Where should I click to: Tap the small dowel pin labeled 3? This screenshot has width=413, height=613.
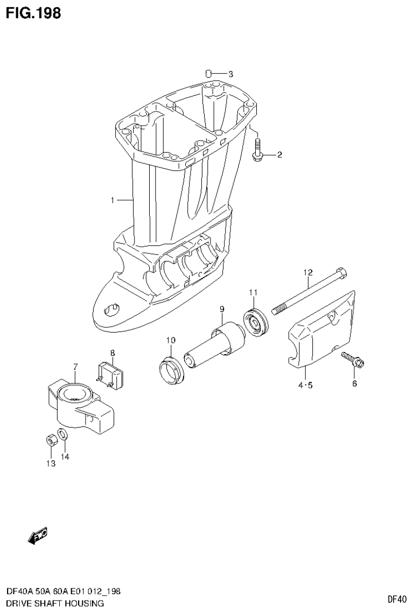209,73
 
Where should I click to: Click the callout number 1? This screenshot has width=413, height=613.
113,201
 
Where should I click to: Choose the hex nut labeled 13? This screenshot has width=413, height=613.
50,441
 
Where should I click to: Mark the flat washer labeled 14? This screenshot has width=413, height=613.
63,434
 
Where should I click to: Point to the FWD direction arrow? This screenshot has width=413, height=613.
38,535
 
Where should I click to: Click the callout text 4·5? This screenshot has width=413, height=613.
304,384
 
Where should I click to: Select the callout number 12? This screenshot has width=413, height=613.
307,272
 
